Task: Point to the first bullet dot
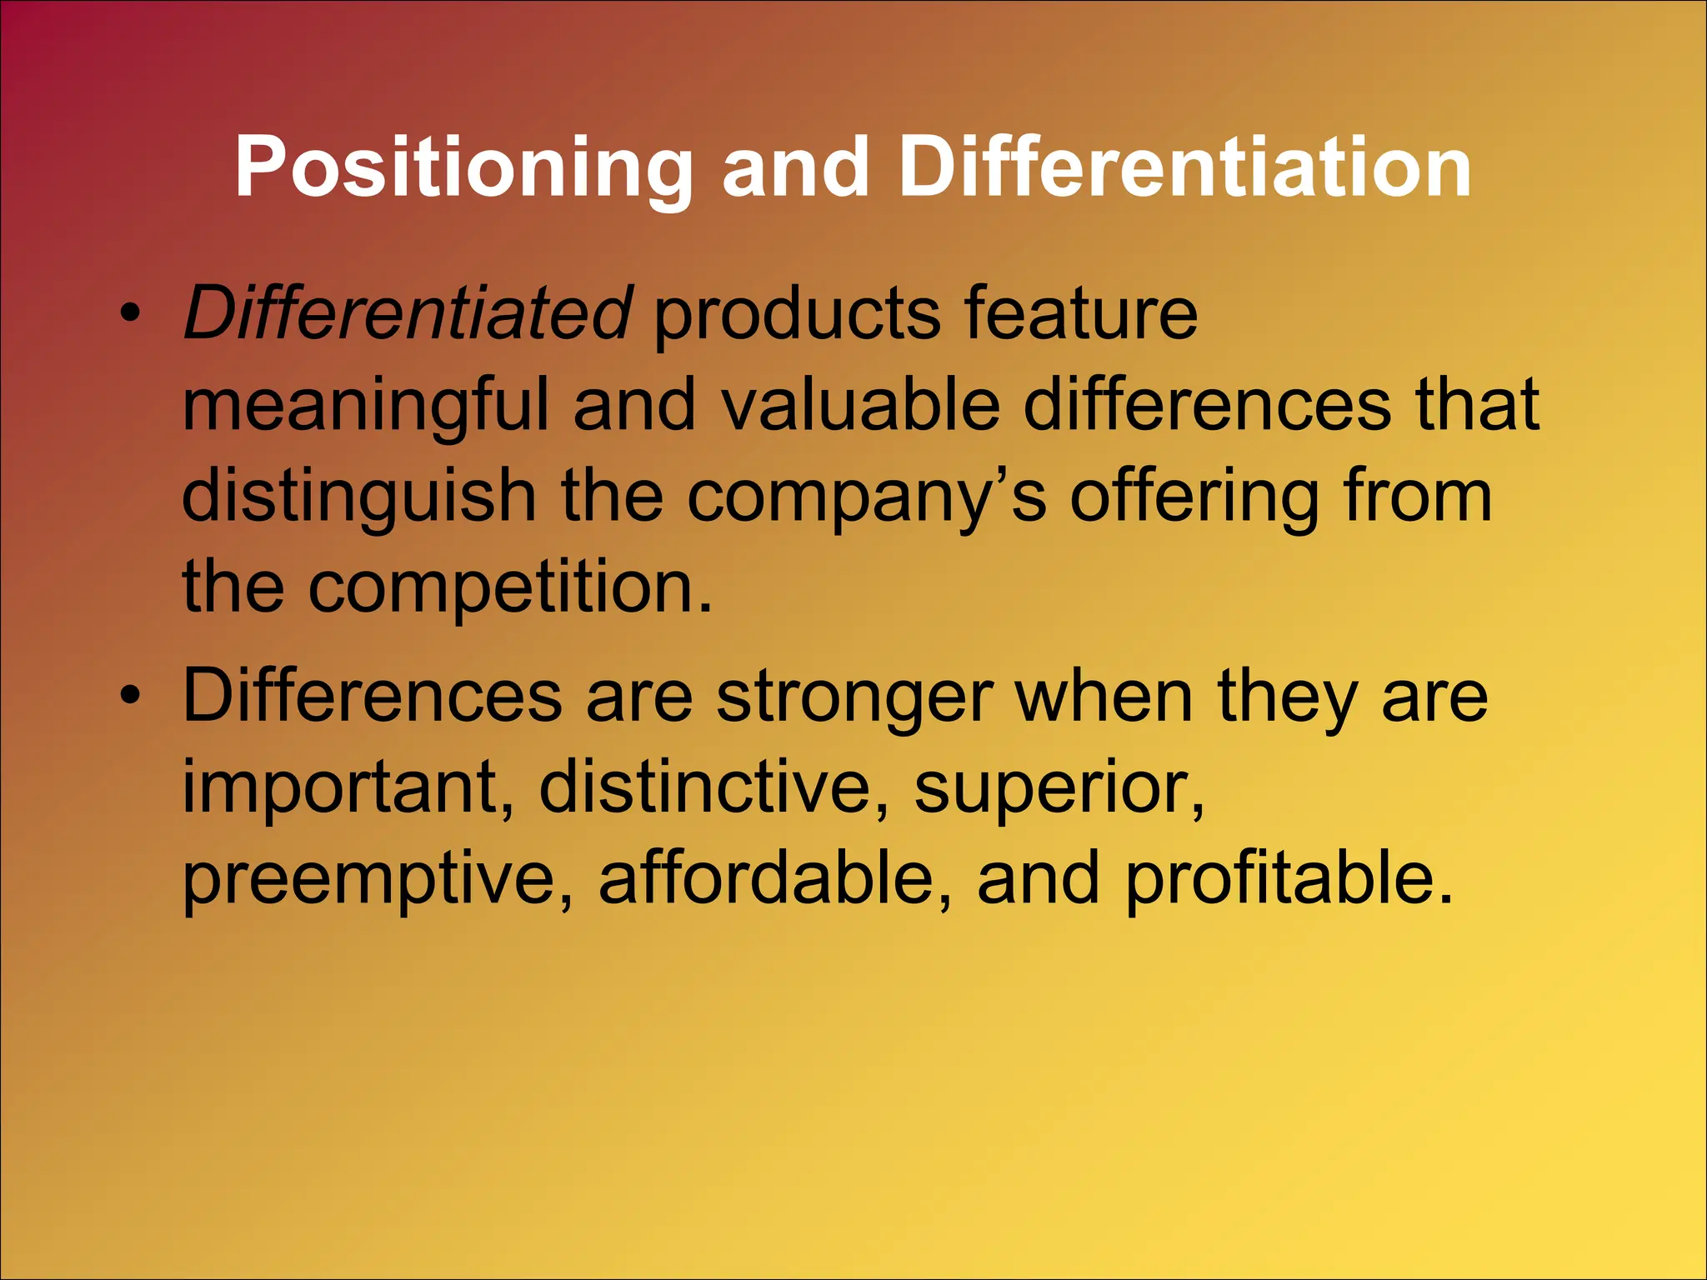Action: (129, 315)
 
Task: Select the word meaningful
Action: (365, 407)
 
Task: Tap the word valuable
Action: (859, 405)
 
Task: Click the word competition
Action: (509, 588)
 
